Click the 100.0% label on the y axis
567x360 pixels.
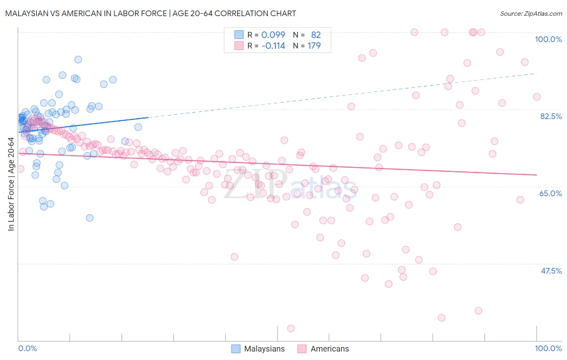click(548, 39)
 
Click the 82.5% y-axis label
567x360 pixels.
click(551, 116)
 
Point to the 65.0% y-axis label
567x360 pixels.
click(550, 193)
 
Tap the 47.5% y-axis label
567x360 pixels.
click(551, 271)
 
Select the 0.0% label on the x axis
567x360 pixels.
click(27, 348)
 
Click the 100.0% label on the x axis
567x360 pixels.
click(548, 348)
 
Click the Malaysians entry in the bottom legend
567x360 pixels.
click(264, 349)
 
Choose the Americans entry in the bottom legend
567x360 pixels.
click(329, 349)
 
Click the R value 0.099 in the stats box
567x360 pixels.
click(273, 35)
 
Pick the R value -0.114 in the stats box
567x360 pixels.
click(273, 46)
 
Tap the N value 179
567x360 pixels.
click(314, 46)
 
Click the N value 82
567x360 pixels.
click(316, 35)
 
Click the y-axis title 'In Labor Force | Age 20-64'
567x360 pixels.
click(11, 184)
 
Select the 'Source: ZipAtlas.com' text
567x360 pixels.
click(531, 13)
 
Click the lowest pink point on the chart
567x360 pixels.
click(291, 329)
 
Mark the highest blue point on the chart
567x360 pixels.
click(78, 59)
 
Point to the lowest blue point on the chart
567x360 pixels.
click(90, 218)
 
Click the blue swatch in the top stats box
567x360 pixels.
click(239, 35)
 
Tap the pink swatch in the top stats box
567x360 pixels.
click(239, 46)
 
